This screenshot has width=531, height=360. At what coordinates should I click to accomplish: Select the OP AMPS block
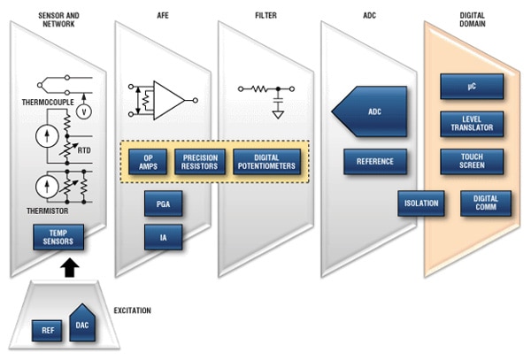[148, 162]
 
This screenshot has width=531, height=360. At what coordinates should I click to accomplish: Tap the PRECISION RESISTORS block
[200, 162]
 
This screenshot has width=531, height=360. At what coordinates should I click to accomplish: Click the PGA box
[163, 205]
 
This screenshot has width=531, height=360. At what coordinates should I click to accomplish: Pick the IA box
[163, 236]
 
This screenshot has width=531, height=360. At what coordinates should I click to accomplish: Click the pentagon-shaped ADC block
[370, 112]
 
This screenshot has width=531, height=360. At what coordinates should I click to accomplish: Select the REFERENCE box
[375, 162]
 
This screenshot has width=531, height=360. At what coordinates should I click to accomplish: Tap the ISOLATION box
[421, 203]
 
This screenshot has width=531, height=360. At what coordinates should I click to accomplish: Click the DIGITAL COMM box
[485, 203]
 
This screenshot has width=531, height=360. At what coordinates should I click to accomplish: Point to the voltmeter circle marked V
[86, 112]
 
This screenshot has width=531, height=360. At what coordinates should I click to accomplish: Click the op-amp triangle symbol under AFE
[166, 99]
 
